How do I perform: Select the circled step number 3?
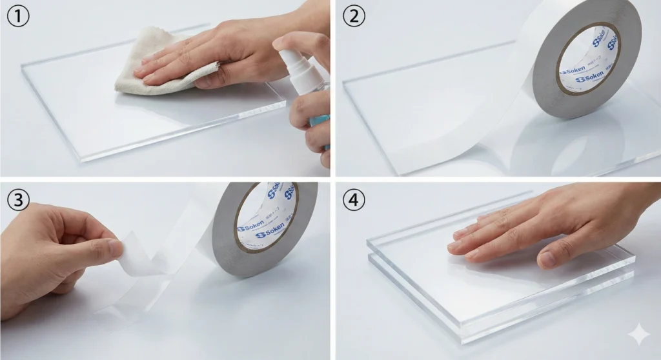point(17,198)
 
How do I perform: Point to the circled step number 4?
point(353,198)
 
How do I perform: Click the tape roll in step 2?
point(584,58)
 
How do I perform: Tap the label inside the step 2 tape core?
point(587,58)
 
